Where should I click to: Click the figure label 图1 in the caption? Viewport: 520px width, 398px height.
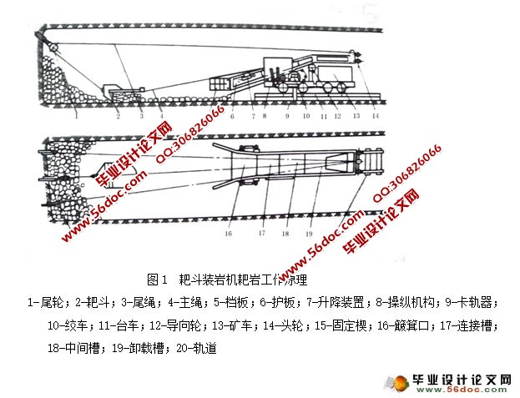[x=158, y=277]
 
